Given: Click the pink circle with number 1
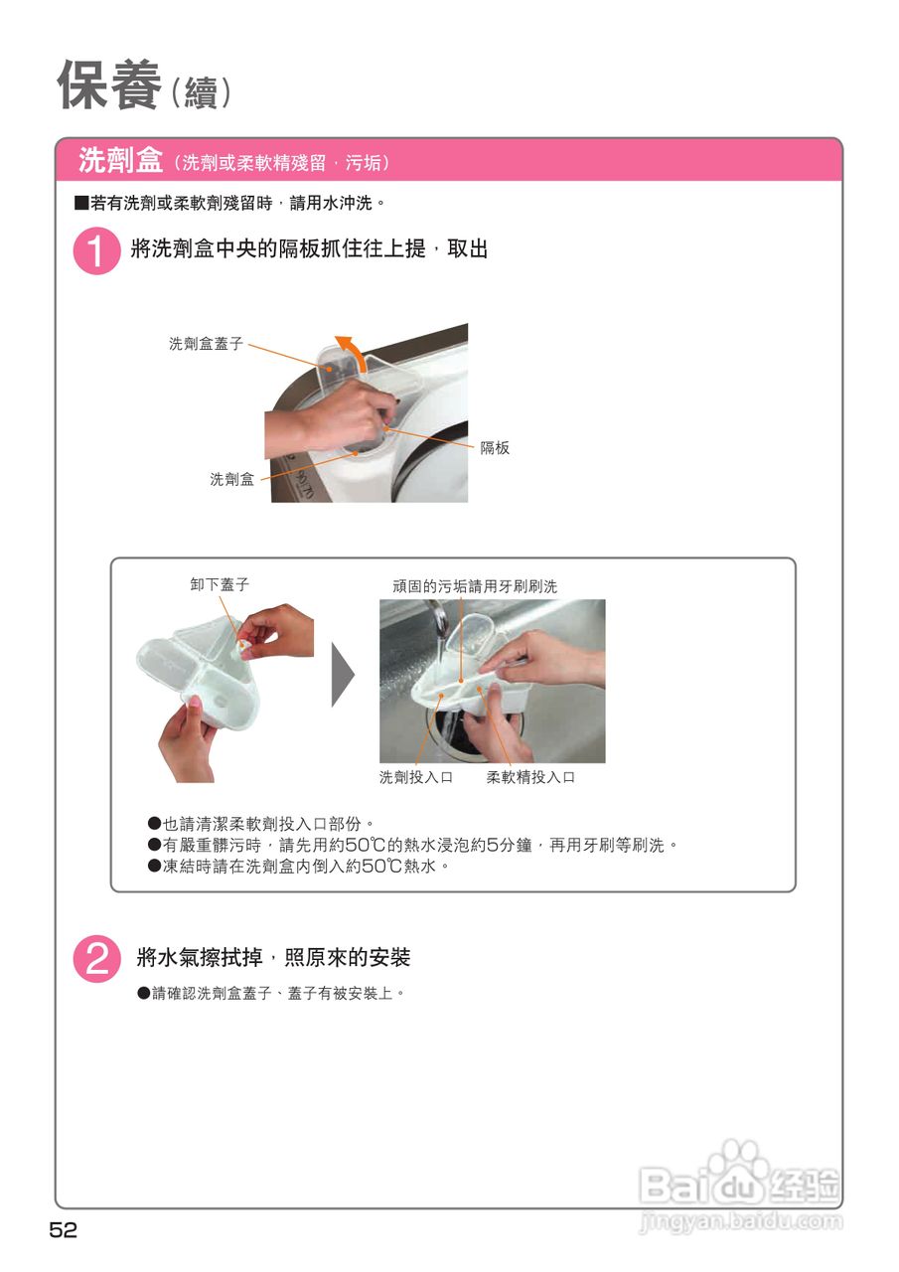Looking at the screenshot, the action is (x=96, y=250).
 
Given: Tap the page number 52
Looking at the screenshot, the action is (x=64, y=1230).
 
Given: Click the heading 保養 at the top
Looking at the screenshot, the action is (x=109, y=85).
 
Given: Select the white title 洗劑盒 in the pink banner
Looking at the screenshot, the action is (x=120, y=160).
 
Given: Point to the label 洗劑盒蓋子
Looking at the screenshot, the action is (x=206, y=344).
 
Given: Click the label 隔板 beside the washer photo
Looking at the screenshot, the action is (x=495, y=448).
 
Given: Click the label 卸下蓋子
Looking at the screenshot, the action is (x=220, y=584).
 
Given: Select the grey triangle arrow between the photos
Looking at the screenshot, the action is (x=343, y=675).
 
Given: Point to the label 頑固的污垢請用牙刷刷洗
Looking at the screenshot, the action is (x=475, y=586).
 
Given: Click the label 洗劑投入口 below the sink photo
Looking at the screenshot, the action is (x=416, y=777).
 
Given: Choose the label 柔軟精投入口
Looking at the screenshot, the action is (x=530, y=777).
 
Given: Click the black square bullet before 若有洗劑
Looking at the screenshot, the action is (x=81, y=203).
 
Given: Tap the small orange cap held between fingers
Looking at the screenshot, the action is (x=244, y=646).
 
